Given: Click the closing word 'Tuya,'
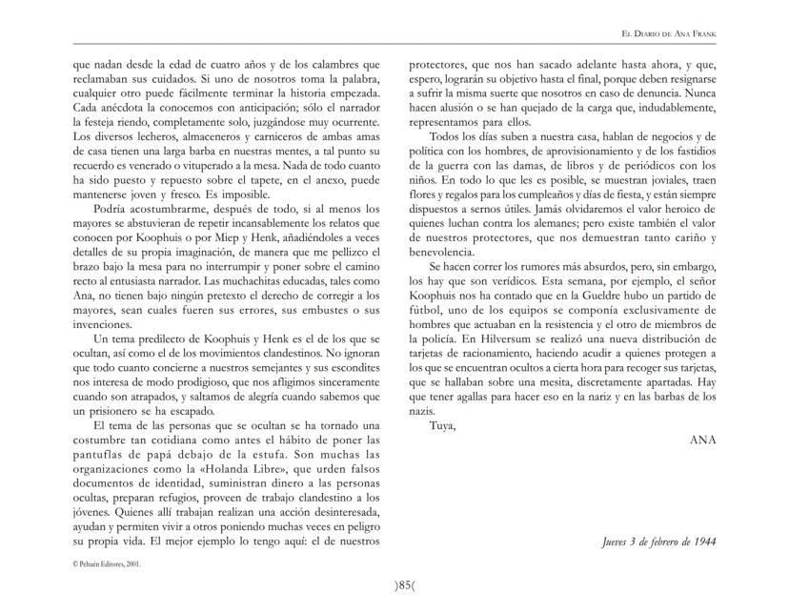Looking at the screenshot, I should [443, 424].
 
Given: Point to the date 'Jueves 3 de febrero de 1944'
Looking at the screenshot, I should [658, 542].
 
